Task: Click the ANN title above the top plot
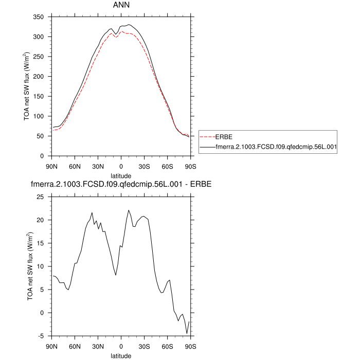121,6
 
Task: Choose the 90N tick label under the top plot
51,166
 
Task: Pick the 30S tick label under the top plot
144,166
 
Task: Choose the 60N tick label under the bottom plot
75,346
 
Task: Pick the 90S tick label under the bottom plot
190,346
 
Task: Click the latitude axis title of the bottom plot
121,355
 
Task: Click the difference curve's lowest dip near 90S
187,334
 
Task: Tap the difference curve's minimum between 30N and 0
116,275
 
